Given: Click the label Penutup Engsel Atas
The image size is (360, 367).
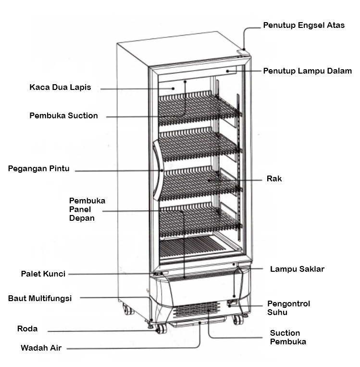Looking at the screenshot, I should pyautogui.click(x=303, y=25).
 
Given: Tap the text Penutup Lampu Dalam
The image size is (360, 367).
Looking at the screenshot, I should pyautogui.click(x=307, y=71).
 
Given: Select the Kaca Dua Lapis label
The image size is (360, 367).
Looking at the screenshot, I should pyautogui.click(x=60, y=88).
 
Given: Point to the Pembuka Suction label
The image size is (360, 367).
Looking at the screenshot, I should pyautogui.click(x=63, y=115).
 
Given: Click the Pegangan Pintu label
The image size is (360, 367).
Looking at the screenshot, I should pyautogui.click(x=39, y=168).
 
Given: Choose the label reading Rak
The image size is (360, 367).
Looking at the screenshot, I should pyautogui.click(x=274, y=178).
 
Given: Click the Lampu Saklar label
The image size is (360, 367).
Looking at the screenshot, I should pyautogui.click(x=297, y=269).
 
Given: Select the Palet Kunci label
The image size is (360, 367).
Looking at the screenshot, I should pyautogui.click(x=43, y=274).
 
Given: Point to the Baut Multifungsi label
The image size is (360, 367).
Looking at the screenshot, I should pyautogui.click(x=40, y=298).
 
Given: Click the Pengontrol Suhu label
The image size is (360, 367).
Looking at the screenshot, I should pyautogui.click(x=288, y=308).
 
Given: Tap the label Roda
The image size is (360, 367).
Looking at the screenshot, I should pyautogui.click(x=27, y=329).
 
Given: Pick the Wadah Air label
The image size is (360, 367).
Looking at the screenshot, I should pyautogui.click(x=41, y=347).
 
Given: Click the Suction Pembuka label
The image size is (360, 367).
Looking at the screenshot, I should pyautogui.click(x=288, y=337).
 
